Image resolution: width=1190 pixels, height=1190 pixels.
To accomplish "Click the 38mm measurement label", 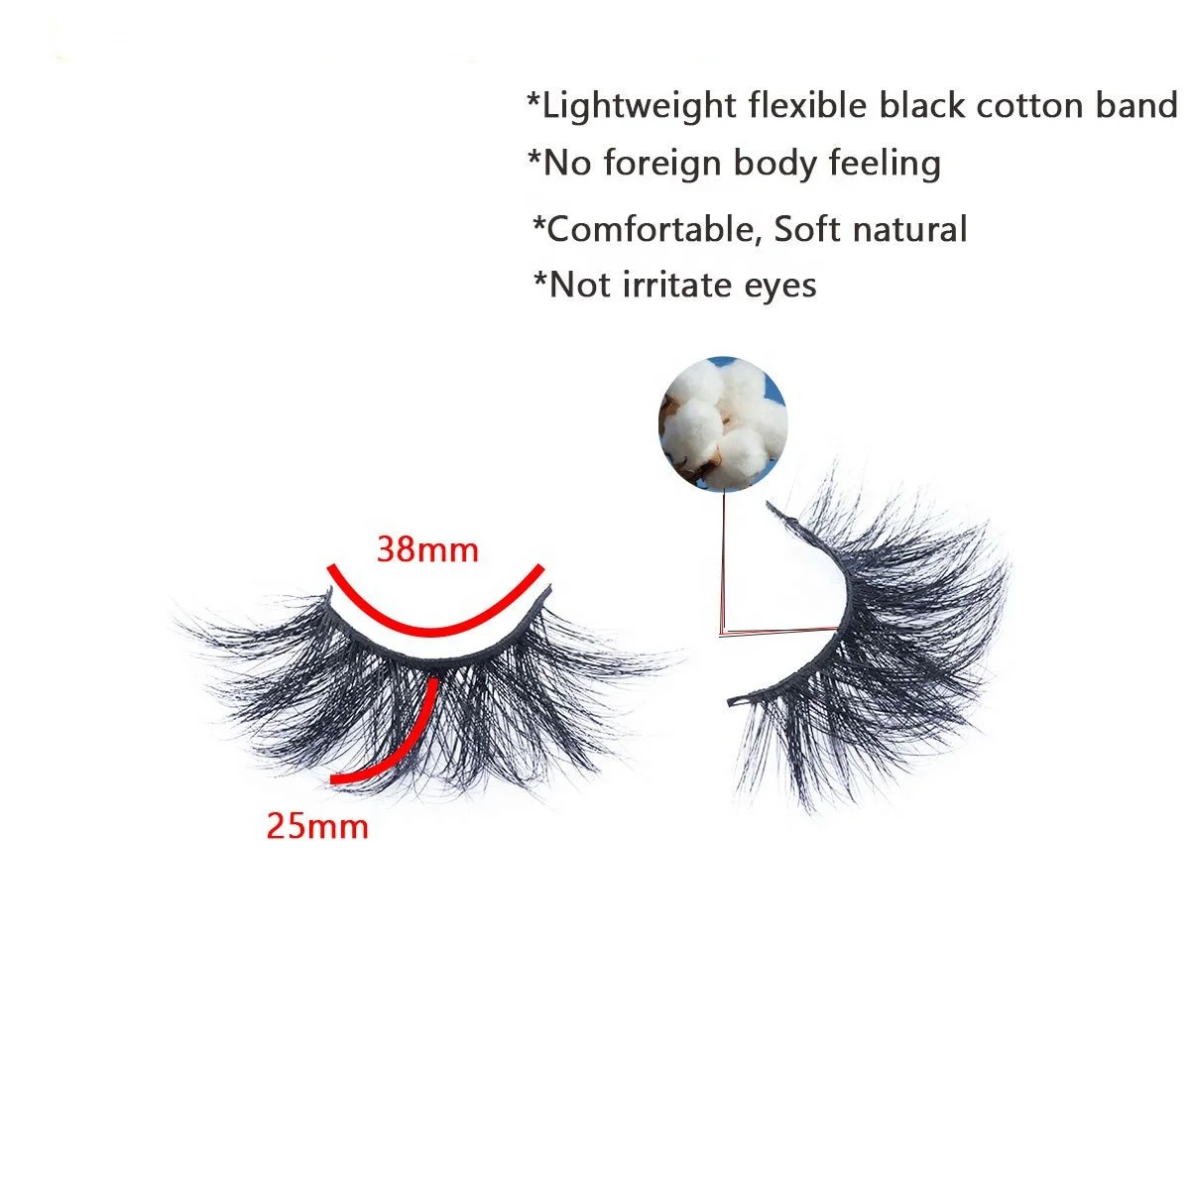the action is [x=427, y=548].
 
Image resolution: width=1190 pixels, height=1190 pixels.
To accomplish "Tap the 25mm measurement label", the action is [x=317, y=825].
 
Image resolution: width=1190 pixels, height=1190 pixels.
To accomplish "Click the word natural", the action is [x=909, y=229].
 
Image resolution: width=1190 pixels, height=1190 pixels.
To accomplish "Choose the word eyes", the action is [x=780, y=287].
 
